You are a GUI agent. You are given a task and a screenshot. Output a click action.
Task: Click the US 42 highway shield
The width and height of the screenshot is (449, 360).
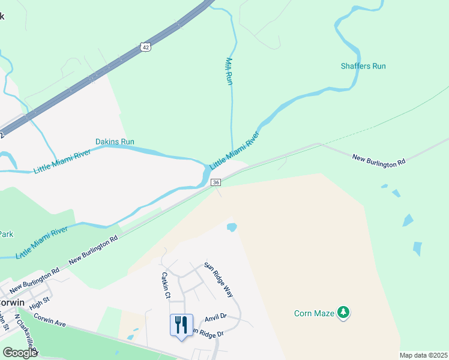pyautogui.click(x=145, y=47)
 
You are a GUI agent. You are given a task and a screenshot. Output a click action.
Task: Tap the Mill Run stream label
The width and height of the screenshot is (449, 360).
pyautogui.click(x=229, y=71)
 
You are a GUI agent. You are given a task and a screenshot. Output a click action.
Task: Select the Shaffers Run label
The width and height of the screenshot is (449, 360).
pyautogui.click(x=363, y=66)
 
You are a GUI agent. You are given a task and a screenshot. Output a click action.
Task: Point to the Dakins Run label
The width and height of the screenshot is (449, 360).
pyautogui.click(x=115, y=142)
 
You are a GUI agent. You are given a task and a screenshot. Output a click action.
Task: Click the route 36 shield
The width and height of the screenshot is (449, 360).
pyautogui.click(x=216, y=182)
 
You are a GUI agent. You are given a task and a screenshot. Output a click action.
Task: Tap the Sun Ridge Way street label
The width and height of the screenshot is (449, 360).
pyautogui.click(x=218, y=280)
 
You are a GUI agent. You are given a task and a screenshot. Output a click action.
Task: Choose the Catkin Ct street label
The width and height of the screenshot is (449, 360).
pyautogui.click(x=166, y=286)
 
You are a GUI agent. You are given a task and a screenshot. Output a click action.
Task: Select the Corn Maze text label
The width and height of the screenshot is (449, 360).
pyautogui.click(x=314, y=313)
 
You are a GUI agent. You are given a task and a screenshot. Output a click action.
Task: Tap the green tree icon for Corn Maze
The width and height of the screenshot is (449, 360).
pyautogui.click(x=343, y=312)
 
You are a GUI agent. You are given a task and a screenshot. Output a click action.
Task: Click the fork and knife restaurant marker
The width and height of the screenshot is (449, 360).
pyautogui.click(x=181, y=325)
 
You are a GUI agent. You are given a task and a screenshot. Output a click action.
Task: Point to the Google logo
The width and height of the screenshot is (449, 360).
pyautogui.click(x=20, y=353)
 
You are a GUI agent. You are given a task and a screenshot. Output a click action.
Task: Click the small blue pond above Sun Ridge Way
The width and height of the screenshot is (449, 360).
pyautogui.click(x=232, y=227)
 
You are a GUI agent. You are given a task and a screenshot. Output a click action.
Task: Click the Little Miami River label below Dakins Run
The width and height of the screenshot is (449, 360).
pyautogui.click(x=62, y=161)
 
